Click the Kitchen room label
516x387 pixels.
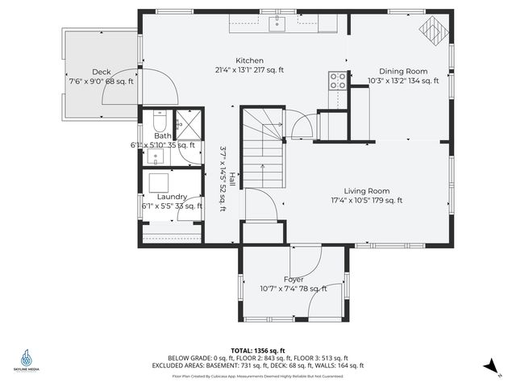[x=249, y=61]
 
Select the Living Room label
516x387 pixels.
[x=367, y=191]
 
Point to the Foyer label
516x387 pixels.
[x=293, y=279]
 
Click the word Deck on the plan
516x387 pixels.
[x=101, y=72]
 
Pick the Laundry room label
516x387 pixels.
[x=173, y=197]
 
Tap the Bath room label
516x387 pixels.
[x=163, y=135]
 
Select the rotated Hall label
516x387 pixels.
[x=232, y=179]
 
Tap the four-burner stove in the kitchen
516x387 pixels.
[x=337, y=80]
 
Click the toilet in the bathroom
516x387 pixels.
[x=160, y=122]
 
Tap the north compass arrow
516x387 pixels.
[x=491, y=367]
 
